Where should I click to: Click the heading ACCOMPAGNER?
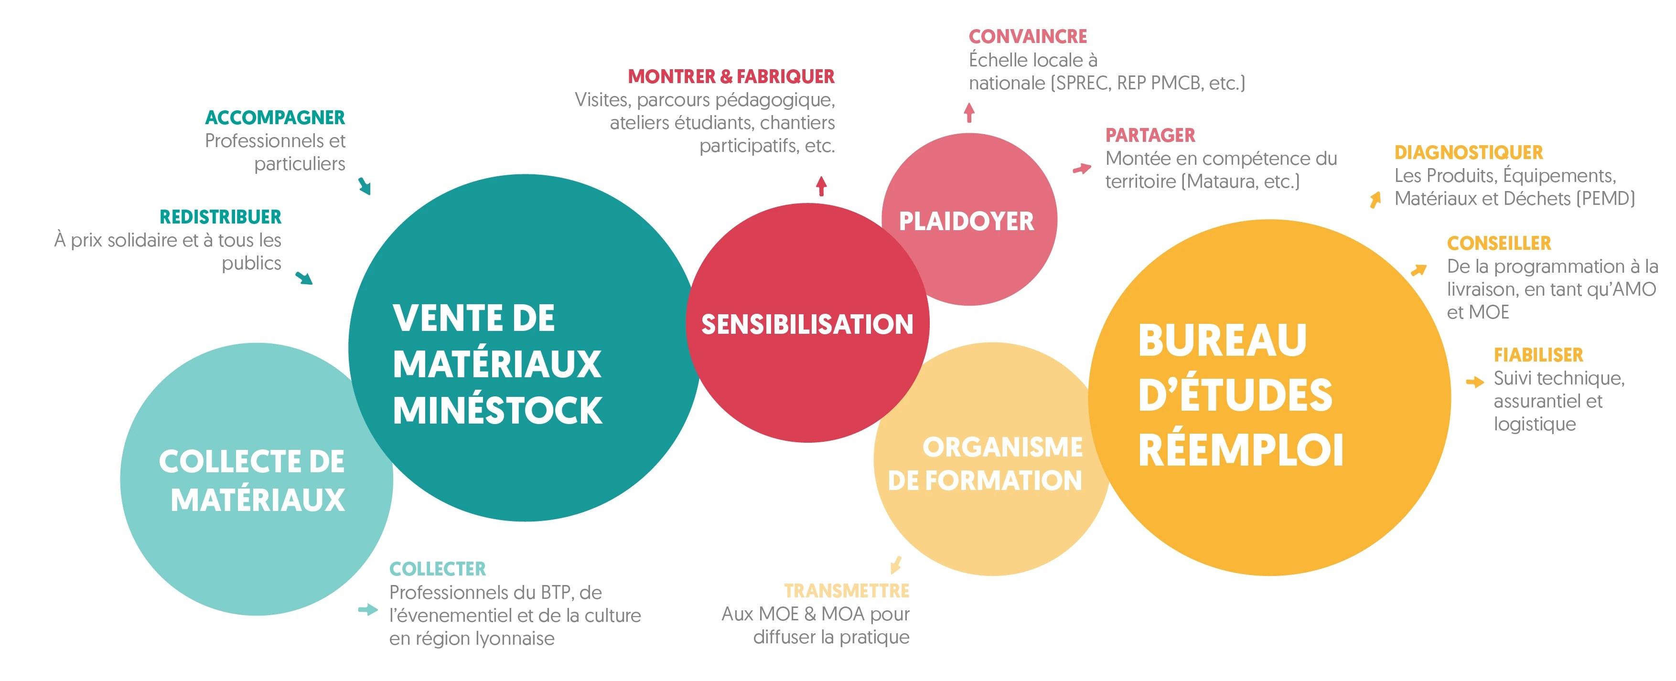pos(275,118)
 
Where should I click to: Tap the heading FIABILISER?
pos(1538,355)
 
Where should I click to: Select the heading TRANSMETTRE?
pos(847,591)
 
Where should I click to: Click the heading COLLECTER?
pos(437,569)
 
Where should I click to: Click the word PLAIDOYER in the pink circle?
pos(966,221)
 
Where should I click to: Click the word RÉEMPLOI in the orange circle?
pos(1240,450)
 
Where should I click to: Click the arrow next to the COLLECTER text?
pos(367,609)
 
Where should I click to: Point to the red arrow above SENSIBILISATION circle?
pos(821,186)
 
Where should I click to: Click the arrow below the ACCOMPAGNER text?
pos(365,187)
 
